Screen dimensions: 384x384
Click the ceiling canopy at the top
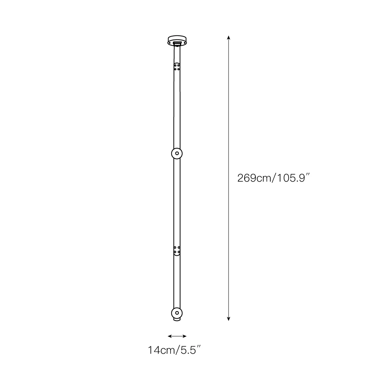coord(177,41)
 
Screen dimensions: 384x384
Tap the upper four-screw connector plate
coord(177,67)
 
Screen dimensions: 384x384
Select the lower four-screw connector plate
coord(177,251)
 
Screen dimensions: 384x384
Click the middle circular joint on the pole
coord(177,154)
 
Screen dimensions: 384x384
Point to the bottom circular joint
coord(177,313)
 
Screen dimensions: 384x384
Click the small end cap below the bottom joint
coord(177,319)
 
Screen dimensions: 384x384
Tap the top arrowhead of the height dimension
coord(228,38)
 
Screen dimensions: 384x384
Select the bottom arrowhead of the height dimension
coord(228,319)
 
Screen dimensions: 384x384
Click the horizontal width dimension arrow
coord(177,336)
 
